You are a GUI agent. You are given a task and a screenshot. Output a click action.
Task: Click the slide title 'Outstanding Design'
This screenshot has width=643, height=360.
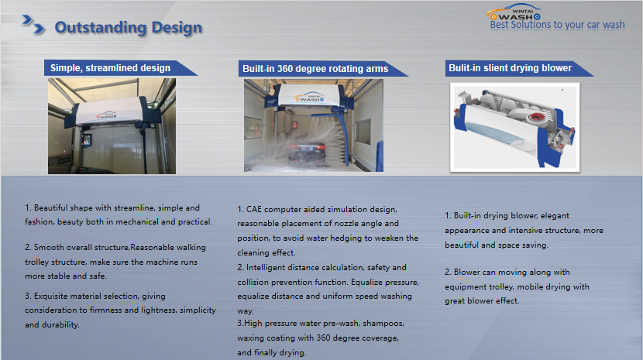(x=129, y=27)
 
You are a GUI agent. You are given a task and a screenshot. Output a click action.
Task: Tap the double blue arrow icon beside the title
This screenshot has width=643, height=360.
(x=33, y=24)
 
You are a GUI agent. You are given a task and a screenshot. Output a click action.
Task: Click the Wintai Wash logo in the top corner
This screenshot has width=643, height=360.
(x=514, y=12)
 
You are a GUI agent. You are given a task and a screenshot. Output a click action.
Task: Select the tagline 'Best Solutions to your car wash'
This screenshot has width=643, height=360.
(x=557, y=25)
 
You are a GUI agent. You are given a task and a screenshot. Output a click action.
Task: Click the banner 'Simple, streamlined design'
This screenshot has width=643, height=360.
(x=110, y=68)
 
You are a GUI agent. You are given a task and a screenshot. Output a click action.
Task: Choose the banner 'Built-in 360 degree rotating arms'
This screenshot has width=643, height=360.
(x=315, y=68)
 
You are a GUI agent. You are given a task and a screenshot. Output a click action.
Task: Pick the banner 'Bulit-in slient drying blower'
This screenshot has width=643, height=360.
(x=510, y=68)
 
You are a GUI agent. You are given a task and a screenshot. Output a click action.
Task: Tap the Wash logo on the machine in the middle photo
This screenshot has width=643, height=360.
(x=309, y=98)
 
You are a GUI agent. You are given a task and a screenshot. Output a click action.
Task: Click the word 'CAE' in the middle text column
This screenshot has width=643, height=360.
(x=254, y=210)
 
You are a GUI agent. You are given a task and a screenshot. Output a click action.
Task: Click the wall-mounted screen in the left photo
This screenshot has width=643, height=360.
(x=87, y=140)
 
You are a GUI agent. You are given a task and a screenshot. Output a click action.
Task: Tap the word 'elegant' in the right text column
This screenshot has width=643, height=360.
(x=555, y=216)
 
